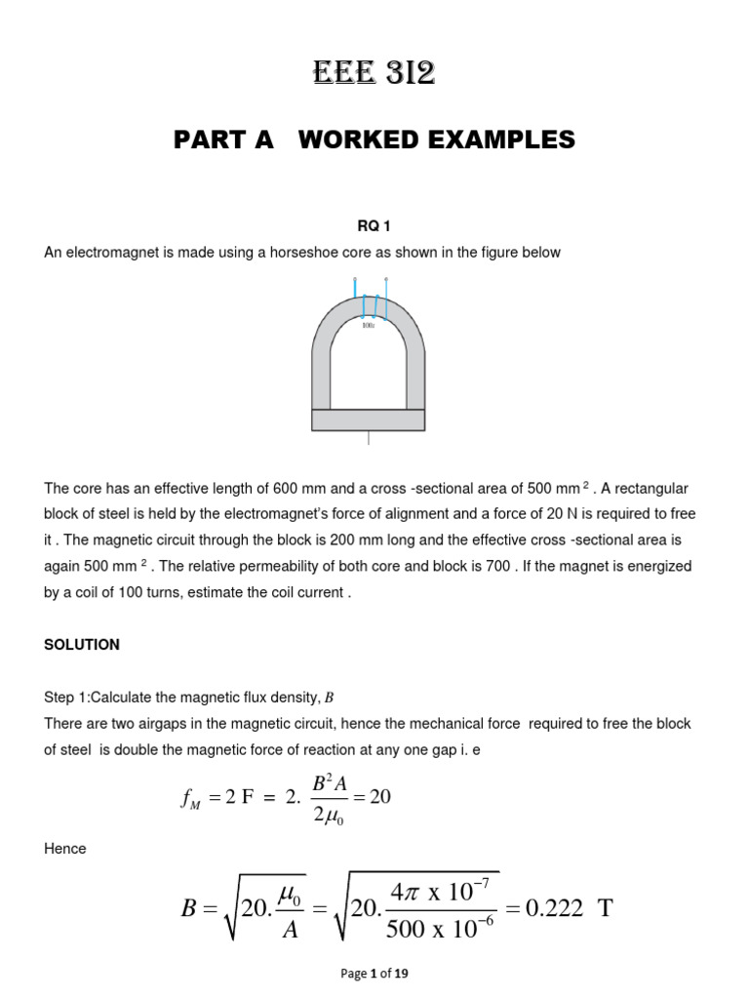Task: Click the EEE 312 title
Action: (x=374, y=73)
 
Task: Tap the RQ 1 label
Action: (x=374, y=226)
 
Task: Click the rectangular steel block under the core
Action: (x=368, y=420)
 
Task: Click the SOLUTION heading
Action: (x=82, y=645)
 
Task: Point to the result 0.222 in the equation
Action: (x=557, y=909)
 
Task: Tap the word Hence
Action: (x=65, y=849)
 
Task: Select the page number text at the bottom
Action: (x=374, y=974)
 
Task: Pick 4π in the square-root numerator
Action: (x=408, y=891)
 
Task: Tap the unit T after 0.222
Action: (x=606, y=909)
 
